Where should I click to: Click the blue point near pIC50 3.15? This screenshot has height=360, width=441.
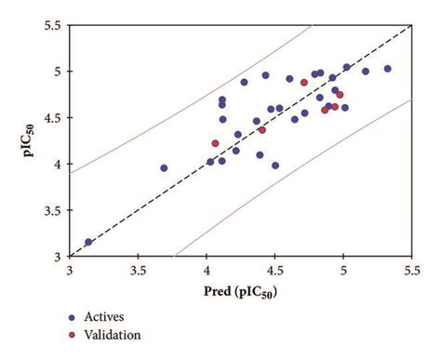click(89, 242)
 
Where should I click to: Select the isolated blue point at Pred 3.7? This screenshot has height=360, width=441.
click(164, 168)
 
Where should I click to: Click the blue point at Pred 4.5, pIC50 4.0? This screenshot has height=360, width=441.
click(275, 166)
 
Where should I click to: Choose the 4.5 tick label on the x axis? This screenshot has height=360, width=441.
click(274, 271)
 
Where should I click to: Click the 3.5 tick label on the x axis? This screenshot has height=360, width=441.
click(138, 271)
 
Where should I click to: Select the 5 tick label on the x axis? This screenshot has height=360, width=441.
click(343, 271)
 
